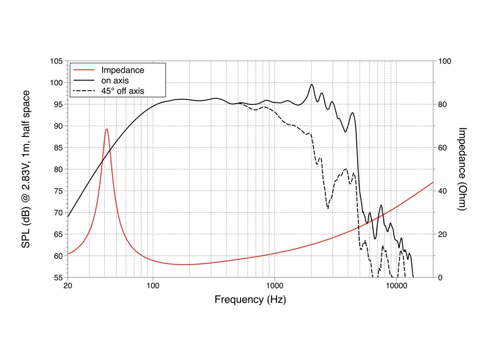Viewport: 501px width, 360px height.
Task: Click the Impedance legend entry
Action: tap(122, 70)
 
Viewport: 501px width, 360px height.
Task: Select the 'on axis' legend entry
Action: tap(115, 81)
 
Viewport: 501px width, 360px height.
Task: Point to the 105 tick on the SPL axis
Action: tap(56, 61)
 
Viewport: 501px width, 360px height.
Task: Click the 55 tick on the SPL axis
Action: tap(58, 277)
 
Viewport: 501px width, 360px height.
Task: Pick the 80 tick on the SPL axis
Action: tap(58, 169)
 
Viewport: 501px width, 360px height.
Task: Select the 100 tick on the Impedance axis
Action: tap(445, 61)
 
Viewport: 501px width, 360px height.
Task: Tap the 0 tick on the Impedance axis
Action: tap(441, 277)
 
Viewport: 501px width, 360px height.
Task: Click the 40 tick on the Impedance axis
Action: tap(443, 191)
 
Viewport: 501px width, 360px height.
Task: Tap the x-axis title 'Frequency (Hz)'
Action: tap(250, 300)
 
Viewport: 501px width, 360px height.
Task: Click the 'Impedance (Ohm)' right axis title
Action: tap(462, 169)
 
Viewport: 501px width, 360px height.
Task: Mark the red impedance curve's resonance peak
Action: tap(107, 129)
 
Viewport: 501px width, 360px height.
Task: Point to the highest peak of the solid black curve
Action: tap(312, 85)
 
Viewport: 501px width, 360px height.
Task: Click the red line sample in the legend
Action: tap(83, 70)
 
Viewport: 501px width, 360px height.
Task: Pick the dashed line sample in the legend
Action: tap(83, 91)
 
